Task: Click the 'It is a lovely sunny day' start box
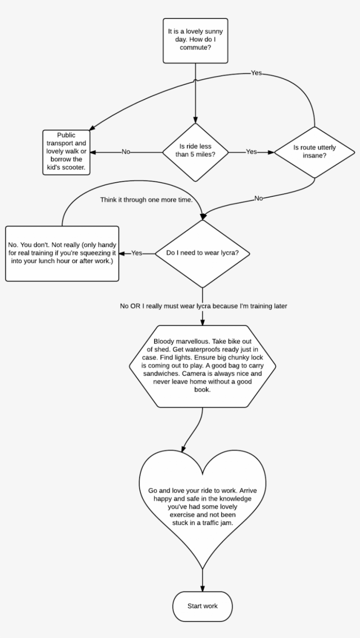coord(195,40)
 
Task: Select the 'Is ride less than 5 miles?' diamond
coord(195,152)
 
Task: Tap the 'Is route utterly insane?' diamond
coord(314,152)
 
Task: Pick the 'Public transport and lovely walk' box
coord(66,152)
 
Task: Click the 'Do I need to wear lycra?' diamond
coord(202,253)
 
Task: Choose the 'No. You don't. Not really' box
coord(62,253)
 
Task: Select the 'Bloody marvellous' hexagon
coord(202,365)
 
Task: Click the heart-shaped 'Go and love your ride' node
coord(202,501)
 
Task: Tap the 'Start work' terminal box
coord(202,606)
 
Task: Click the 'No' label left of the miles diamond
coord(126,152)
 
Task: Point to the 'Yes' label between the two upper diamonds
coord(251,152)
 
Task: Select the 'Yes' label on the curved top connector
coord(256,72)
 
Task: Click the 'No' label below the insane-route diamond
coord(259,198)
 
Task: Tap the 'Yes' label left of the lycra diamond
coord(137,253)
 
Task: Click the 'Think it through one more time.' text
coord(146,199)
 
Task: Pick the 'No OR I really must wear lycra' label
coord(203,306)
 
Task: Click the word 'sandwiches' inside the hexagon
coord(160,374)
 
